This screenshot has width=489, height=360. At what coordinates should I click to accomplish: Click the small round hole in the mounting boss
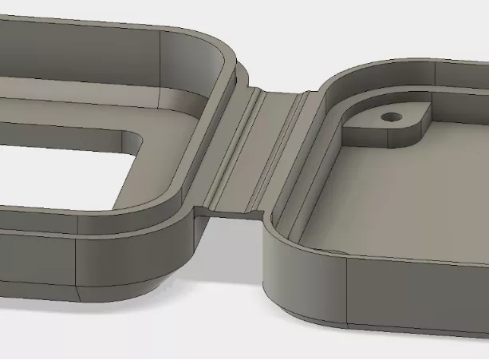click(390, 117)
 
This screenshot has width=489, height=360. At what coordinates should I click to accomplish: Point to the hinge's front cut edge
click(231, 211)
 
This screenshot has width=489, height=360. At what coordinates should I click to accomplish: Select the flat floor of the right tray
click(399, 200)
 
